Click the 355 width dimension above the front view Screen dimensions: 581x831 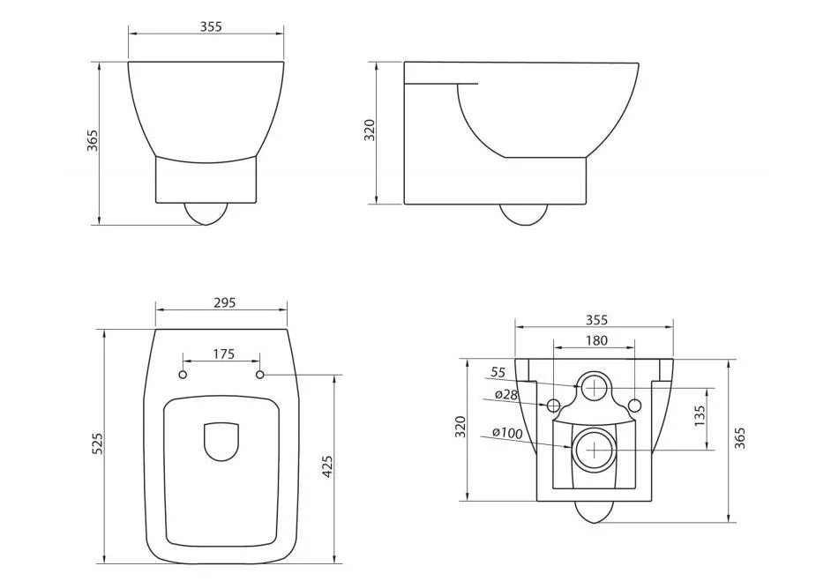[x=210, y=26]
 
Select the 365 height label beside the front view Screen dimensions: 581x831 [x=92, y=141]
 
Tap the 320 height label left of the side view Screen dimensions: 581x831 [x=370, y=130]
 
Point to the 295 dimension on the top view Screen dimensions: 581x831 [x=224, y=302]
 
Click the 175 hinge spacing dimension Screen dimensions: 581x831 [x=223, y=354]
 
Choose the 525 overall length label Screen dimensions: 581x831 [x=97, y=444]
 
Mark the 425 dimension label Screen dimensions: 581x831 [x=327, y=467]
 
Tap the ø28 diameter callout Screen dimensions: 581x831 [x=505, y=394]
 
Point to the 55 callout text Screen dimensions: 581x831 [x=498, y=372]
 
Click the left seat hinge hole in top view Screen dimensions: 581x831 [x=183, y=376]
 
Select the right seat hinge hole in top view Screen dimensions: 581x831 [x=261, y=376]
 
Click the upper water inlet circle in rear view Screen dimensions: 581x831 [x=595, y=386]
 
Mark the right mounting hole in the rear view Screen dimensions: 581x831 [x=635, y=405]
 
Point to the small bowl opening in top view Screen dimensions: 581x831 [x=221, y=443]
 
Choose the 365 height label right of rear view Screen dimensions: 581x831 [x=739, y=439]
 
